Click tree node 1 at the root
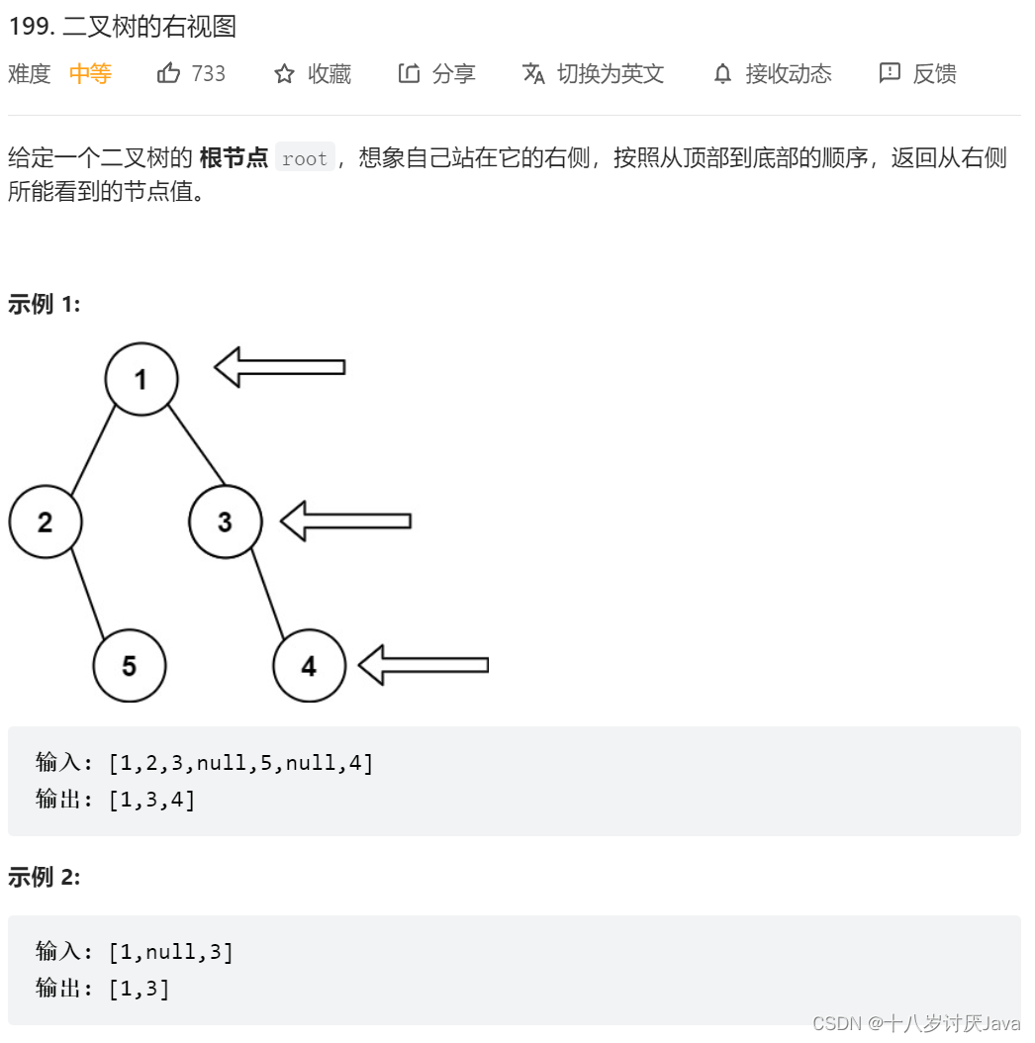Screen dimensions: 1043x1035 [x=141, y=379]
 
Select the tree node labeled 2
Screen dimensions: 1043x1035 [x=46, y=521]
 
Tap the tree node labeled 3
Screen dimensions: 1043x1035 [x=226, y=521]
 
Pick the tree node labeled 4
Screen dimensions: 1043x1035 [x=309, y=666]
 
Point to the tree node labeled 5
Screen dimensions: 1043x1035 [x=130, y=666]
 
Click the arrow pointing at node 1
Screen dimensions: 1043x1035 [x=280, y=367]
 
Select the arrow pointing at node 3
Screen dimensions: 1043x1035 [x=345, y=521]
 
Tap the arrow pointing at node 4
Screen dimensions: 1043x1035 [x=423, y=665]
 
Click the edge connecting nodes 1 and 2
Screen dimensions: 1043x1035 [x=93, y=450]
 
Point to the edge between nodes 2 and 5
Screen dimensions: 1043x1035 [x=87, y=594]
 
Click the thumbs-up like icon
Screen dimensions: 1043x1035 [x=169, y=73]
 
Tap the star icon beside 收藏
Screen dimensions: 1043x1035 [x=285, y=73]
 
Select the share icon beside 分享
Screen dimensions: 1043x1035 [x=409, y=73]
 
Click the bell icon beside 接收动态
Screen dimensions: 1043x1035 [x=723, y=74]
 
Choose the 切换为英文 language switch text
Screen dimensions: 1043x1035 [x=611, y=73]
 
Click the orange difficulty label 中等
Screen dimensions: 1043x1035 [x=90, y=73]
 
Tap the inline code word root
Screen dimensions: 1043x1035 [x=305, y=158]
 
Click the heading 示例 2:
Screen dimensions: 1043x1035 [x=45, y=877]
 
